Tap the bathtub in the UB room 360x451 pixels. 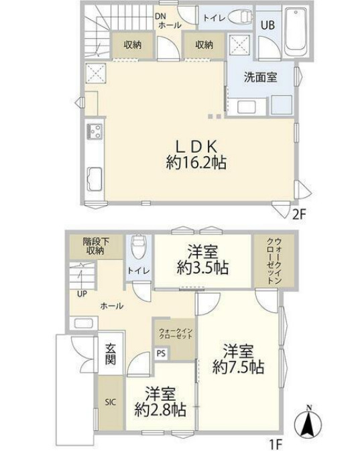click(x=294, y=32)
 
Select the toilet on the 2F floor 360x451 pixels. click(x=237, y=18)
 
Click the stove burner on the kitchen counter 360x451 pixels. click(x=93, y=130)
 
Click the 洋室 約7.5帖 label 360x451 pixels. click(x=238, y=359)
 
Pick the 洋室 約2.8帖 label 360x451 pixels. click(x=160, y=401)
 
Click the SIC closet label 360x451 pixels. click(x=110, y=403)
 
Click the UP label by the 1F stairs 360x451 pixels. click(x=80, y=294)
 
